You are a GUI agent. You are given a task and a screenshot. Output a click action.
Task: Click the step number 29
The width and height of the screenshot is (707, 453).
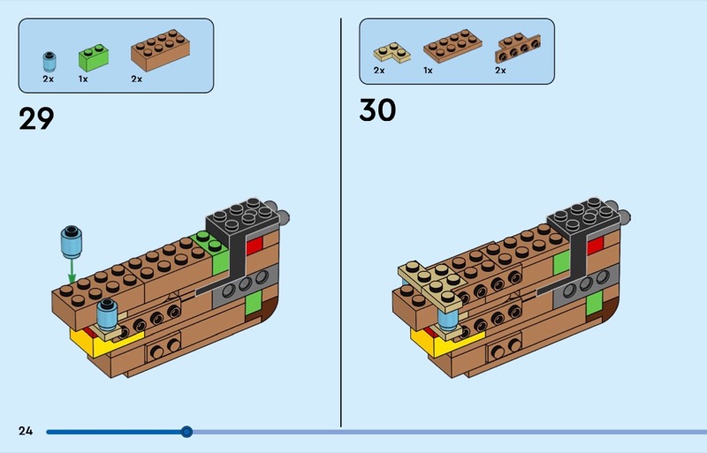36,118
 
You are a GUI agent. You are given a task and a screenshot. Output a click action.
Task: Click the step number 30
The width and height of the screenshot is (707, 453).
377,110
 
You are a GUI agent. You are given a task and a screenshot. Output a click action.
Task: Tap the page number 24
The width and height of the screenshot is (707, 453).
25,431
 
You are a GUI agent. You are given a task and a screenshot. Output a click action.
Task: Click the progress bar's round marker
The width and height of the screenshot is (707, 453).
186,432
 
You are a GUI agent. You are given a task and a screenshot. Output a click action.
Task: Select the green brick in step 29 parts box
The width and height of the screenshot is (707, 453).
93,57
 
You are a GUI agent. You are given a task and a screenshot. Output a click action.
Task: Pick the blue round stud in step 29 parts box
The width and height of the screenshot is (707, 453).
49,61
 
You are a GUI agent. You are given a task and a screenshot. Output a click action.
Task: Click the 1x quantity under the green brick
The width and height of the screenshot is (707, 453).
83,79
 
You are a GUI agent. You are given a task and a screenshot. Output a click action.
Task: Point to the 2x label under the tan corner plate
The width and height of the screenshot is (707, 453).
379,70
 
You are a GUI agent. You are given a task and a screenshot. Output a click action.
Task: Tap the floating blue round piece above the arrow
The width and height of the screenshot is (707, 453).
71,238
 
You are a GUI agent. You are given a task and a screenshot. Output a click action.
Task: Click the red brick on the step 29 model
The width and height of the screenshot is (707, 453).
255,245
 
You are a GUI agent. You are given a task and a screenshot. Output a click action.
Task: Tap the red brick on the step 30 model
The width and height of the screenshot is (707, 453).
595,245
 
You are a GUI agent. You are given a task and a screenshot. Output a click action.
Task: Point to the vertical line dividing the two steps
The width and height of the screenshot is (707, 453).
341,221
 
